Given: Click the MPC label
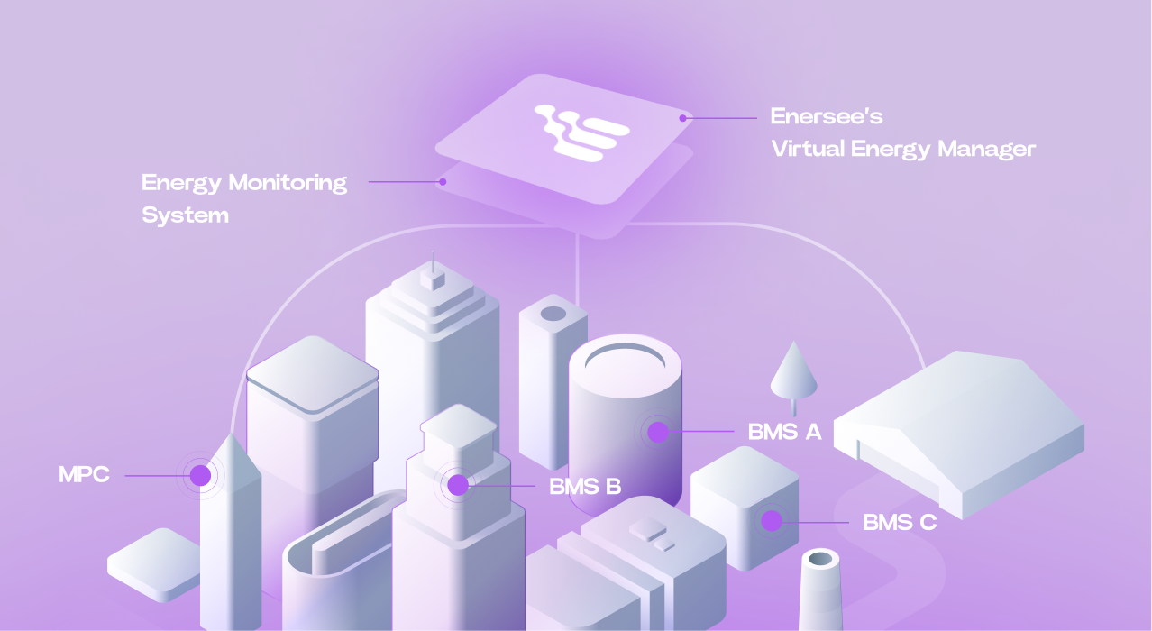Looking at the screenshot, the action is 84,475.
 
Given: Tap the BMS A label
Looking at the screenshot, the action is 784,432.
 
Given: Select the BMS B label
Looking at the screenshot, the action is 585,487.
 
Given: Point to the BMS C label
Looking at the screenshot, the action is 900,522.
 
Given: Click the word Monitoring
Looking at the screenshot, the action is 286,183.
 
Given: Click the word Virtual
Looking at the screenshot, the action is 808,149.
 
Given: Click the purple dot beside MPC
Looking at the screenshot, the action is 200,475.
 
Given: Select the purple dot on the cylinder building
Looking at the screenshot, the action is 658,432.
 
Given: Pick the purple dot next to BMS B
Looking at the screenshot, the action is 458,486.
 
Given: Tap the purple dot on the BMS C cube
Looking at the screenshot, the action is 771,521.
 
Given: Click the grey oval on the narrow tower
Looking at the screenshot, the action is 553,314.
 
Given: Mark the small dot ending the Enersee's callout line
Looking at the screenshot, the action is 683,117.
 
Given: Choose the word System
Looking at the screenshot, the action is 185,215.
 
